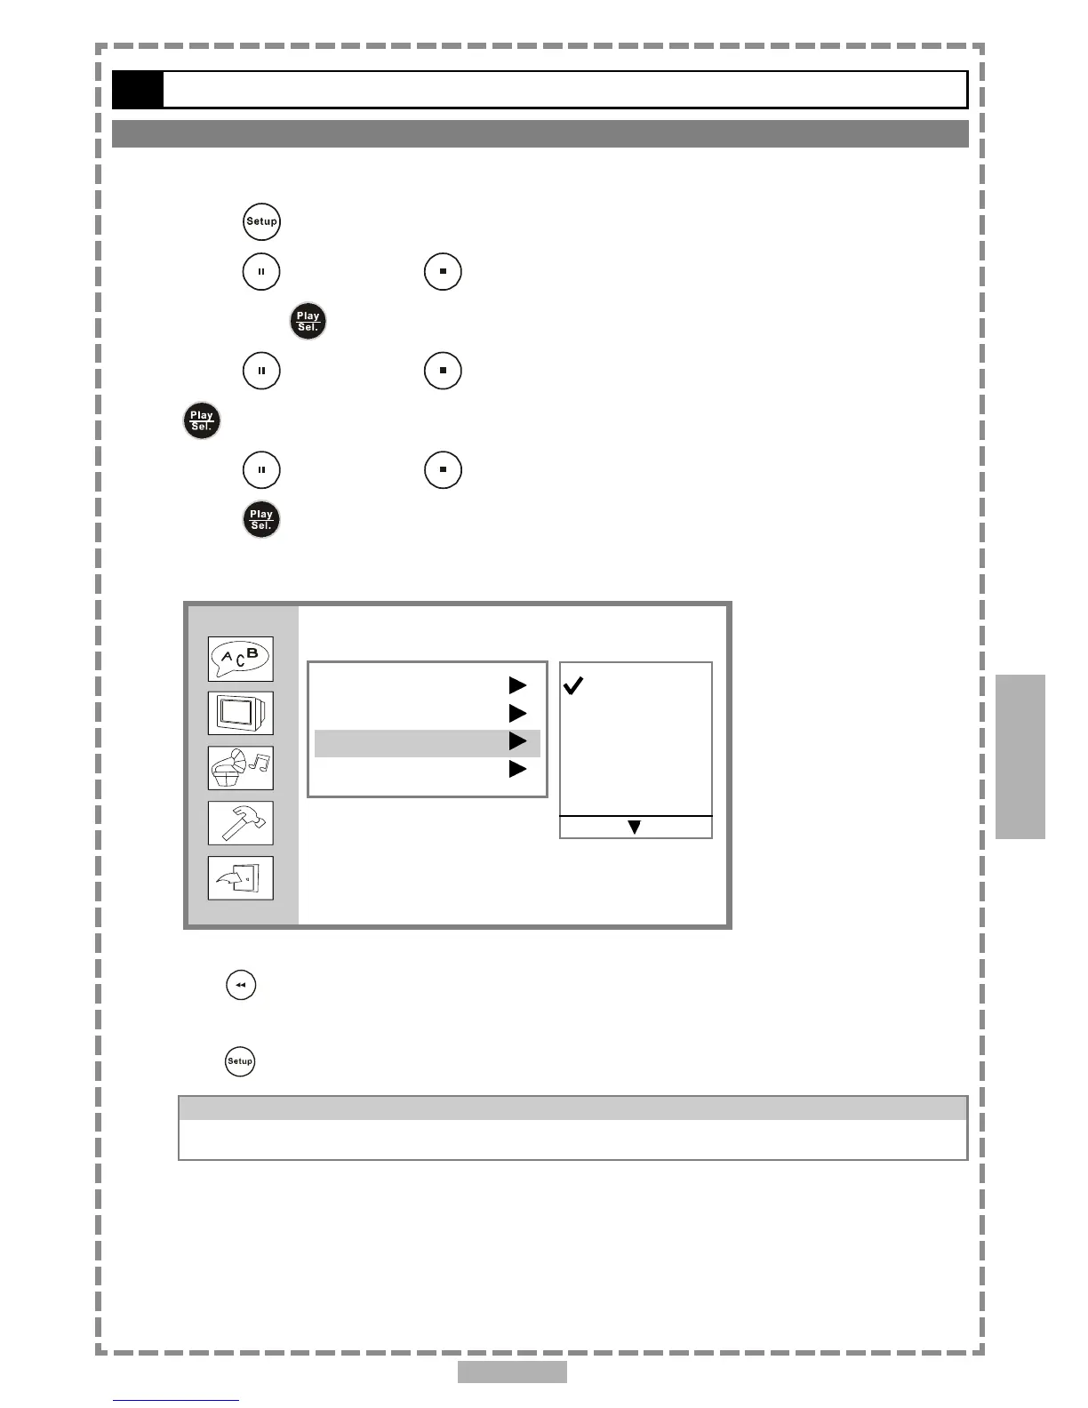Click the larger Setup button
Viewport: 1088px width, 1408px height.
[x=261, y=221]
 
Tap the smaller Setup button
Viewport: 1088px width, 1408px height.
[x=240, y=1060]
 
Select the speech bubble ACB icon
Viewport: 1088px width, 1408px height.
[x=240, y=659]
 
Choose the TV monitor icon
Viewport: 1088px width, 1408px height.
[x=240, y=713]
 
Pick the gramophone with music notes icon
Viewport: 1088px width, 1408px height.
[x=240, y=768]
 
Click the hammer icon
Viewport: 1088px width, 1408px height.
[x=240, y=823]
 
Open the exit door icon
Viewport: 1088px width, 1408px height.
[x=240, y=878]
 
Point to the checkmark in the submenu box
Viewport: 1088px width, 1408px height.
[x=574, y=685]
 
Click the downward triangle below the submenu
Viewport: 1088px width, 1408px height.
[x=635, y=828]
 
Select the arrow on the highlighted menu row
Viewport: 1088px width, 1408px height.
[x=518, y=741]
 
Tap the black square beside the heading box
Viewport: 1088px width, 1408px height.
[x=138, y=90]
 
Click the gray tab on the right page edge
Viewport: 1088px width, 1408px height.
[x=1020, y=756]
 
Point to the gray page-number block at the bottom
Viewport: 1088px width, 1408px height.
[x=512, y=1372]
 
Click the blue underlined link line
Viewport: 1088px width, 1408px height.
[x=176, y=1401]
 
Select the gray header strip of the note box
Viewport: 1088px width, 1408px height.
[x=572, y=1108]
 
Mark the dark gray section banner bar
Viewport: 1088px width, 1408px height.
[x=540, y=134]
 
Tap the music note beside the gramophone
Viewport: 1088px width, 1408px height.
[x=260, y=763]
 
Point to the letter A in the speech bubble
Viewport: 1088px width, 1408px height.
[x=227, y=658]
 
